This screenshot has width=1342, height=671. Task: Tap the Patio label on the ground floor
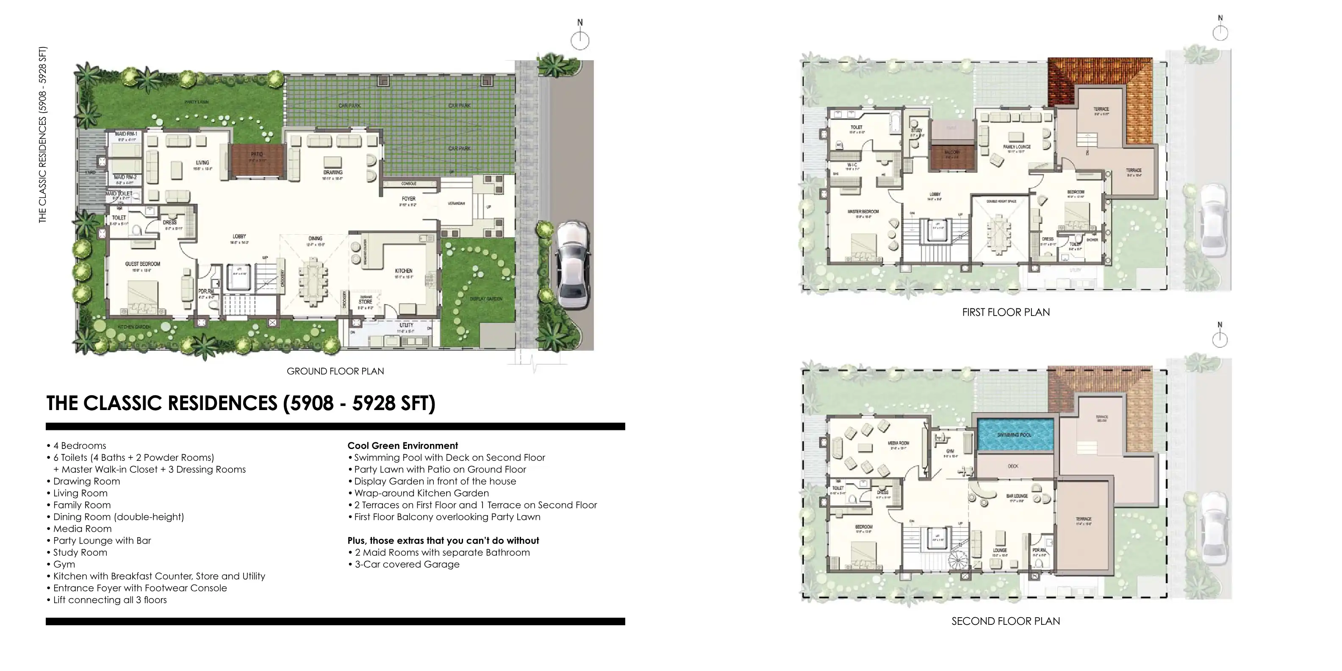coord(257,155)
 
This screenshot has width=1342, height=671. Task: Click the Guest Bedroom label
coord(142,264)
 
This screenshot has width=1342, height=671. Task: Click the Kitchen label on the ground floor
coord(404,271)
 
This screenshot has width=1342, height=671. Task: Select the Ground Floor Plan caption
coord(335,372)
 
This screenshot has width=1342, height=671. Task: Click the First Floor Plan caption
coord(1006,313)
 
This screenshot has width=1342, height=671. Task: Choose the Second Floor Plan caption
coord(1006,621)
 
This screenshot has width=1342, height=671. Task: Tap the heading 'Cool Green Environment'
coord(403,445)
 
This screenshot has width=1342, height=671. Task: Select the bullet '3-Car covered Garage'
coord(407,564)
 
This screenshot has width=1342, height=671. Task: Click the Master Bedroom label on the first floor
coord(863,211)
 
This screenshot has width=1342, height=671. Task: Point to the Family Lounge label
coord(1016,147)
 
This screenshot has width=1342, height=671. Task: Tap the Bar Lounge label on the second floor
coord(1017,496)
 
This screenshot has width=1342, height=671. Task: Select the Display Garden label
coord(485,299)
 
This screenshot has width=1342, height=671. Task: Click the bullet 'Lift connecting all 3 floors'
coord(110,600)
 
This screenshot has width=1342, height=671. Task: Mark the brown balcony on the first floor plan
coord(952,158)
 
